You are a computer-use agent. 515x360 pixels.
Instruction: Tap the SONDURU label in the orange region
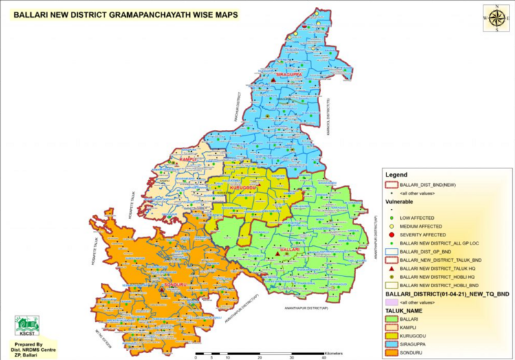[157, 284]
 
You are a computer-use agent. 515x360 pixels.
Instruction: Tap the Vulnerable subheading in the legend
[399, 203]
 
